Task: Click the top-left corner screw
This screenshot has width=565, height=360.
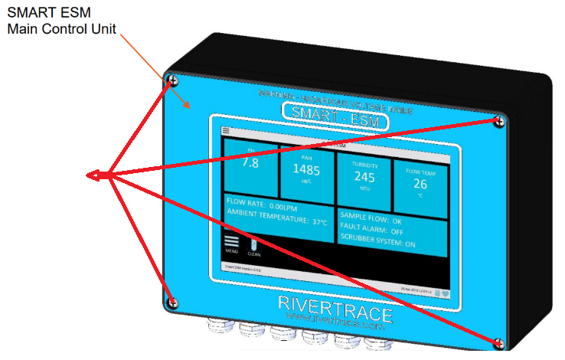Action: tap(174, 80)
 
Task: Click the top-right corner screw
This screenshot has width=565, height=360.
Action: tap(499, 120)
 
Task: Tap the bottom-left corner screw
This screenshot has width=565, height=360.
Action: tap(173, 303)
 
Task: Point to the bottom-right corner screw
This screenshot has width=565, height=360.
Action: tap(500, 342)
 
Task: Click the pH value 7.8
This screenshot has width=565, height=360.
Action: tap(250, 162)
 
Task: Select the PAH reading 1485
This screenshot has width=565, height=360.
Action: tap(305, 169)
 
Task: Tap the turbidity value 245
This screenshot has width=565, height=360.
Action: tap(364, 176)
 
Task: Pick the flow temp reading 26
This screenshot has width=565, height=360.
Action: tap(420, 183)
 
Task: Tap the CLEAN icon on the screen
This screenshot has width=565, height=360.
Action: tap(254, 246)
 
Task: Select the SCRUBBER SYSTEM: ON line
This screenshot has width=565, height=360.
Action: tap(383, 244)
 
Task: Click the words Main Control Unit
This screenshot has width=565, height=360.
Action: tap(61, 30)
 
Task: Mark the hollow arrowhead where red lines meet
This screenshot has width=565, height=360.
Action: tap(95, 175)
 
